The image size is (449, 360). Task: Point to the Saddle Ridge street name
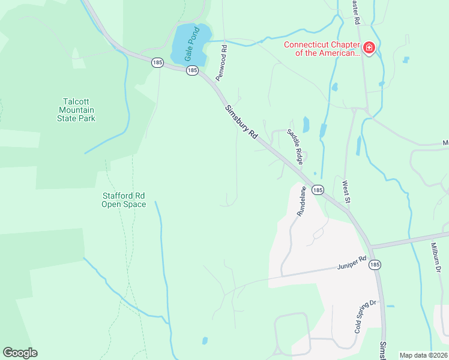[295, 146]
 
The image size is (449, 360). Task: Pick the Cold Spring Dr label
[364, 316]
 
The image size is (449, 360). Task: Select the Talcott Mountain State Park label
[79, 110]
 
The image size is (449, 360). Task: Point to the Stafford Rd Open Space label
[123, 200]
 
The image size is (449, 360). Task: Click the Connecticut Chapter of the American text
[321, 48]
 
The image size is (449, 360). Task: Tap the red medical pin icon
[369, 47]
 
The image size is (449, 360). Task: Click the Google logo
[20, 353]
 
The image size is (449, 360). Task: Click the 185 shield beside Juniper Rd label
[375, 264]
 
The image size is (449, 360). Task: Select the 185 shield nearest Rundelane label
[318, 190]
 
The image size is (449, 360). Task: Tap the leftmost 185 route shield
[157, 62]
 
